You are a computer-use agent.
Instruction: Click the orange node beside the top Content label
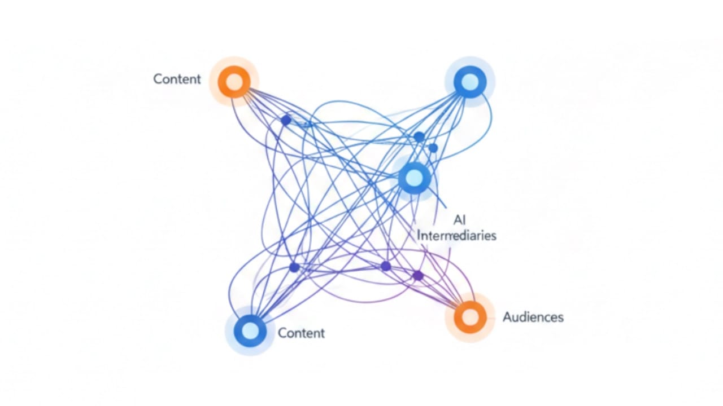coord(234,82)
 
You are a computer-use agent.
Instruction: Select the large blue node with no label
coord(469,82)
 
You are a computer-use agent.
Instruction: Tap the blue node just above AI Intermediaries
coord(415,178)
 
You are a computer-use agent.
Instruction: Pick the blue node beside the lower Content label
coord(250,330)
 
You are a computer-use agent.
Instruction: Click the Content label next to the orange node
coord(177,79)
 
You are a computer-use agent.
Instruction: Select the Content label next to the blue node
coord(301,333)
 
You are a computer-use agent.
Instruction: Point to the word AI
coord(459,220)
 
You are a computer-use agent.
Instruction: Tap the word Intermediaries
coord(456,235)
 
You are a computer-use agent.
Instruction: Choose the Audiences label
coord(533,317)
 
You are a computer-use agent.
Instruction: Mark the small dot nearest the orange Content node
coord(286,120)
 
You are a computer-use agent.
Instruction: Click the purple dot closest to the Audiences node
coord(417,276)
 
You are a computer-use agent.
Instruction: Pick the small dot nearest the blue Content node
coord(294,267)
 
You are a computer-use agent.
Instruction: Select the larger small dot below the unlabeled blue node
coord(419,137)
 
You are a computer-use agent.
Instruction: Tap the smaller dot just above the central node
coord(433,148)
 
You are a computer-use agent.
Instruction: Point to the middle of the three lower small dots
coord(386,266)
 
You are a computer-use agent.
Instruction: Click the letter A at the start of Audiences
coord(507,317)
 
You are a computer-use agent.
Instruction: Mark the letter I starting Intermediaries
coord(419,235)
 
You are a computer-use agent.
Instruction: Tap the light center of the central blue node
coord(415,178)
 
